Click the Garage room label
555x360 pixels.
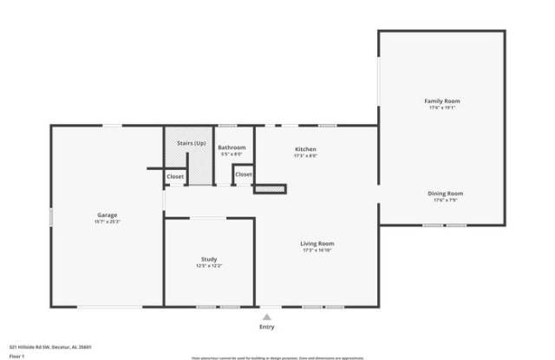pos(108,215)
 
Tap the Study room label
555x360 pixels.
pos(208,259)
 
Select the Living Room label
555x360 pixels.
pos(317,244)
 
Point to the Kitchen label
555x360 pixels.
pos(305,149)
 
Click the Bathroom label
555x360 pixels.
pos(232,147)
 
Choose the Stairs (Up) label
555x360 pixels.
pos(191,142)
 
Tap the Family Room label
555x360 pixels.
pos(441,101)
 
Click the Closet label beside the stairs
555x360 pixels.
pos(175,176)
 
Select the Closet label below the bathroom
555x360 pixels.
pos(244,174)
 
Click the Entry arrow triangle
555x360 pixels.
pos(267,317)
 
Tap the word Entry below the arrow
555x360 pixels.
pos(267,327)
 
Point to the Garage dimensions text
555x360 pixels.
pos(108,222)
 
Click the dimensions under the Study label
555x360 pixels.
pos(208,266)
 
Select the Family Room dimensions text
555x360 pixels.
pos(441,108)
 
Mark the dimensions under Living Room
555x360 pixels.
pos(317,251)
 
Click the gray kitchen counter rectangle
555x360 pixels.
pos(269,187)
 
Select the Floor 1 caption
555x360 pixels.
pos(17,356)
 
